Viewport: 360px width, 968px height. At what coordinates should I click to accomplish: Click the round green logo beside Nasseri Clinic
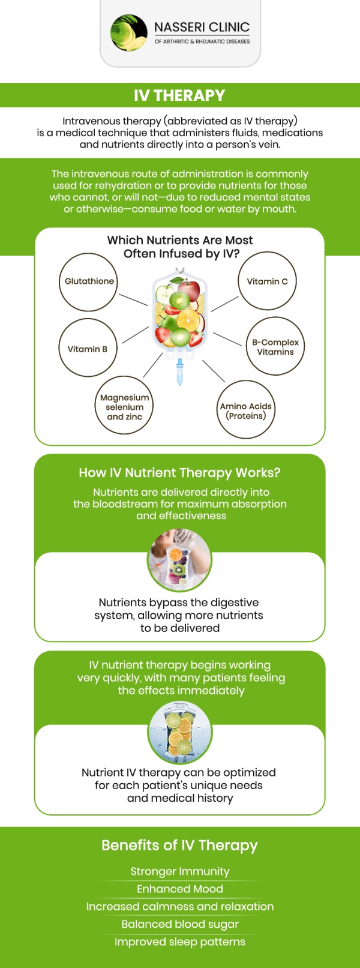[129, 33]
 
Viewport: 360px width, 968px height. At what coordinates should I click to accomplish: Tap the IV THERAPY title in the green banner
[179, 95]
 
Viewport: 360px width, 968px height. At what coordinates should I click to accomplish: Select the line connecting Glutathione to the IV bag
[133, 300]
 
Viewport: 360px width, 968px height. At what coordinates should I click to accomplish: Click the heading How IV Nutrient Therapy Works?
[179, 473]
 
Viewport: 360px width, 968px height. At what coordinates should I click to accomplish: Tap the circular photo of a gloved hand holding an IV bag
[179, 559]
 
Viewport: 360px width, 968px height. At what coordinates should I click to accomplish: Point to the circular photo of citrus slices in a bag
[180, 733]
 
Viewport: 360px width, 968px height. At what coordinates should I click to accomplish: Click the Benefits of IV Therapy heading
[179, 845]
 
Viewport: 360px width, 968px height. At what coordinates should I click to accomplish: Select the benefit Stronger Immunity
[180, 871]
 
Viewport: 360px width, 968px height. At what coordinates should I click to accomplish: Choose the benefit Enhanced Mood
[180, 889]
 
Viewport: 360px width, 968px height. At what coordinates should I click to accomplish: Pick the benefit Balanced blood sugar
[180, 924]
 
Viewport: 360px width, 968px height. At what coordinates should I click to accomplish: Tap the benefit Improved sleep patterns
[180, 942]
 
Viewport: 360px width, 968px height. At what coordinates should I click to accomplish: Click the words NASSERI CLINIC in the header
[202, 27]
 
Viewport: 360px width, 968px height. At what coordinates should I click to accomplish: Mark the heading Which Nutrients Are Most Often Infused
[180, 247]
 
